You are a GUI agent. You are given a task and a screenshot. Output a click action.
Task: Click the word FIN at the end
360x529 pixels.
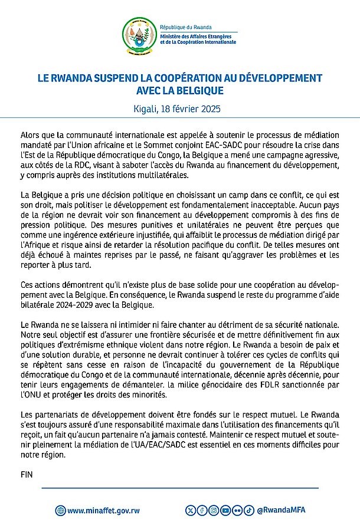(27, 474)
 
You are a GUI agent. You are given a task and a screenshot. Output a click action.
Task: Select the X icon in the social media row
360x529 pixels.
(190, 510)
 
